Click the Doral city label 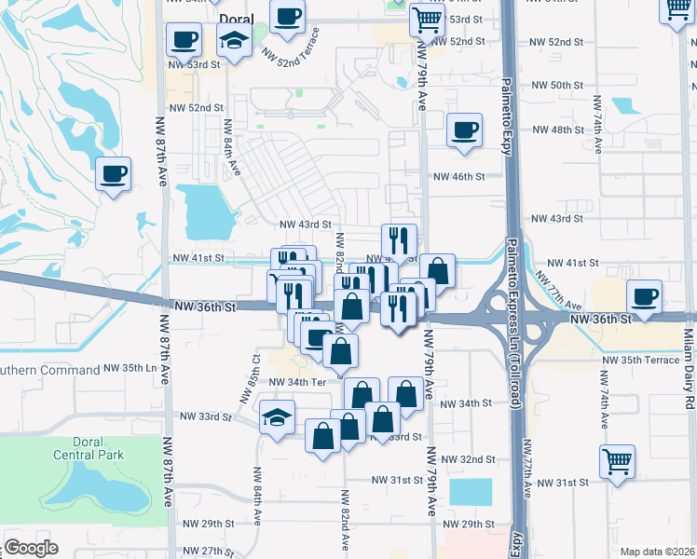pyautogui.click(x=237, y=19)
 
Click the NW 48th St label pyautogui.click(x=553, y=130)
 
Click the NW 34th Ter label pyautogui.click(x=297, y=382)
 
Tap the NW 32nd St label pyautogui.click(x=469, y=459)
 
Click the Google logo pyautogui.click(x=31, y=548)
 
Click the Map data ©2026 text pyautogui.click(x=657, y=552)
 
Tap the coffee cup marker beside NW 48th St pyautogui.click(x=463, y=130)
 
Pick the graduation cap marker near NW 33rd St pyautogui.click(x=278, y=416)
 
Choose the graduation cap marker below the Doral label pyautogui.click(x=232, y=40)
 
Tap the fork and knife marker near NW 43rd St pyautogui.click(x=399, y=241)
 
